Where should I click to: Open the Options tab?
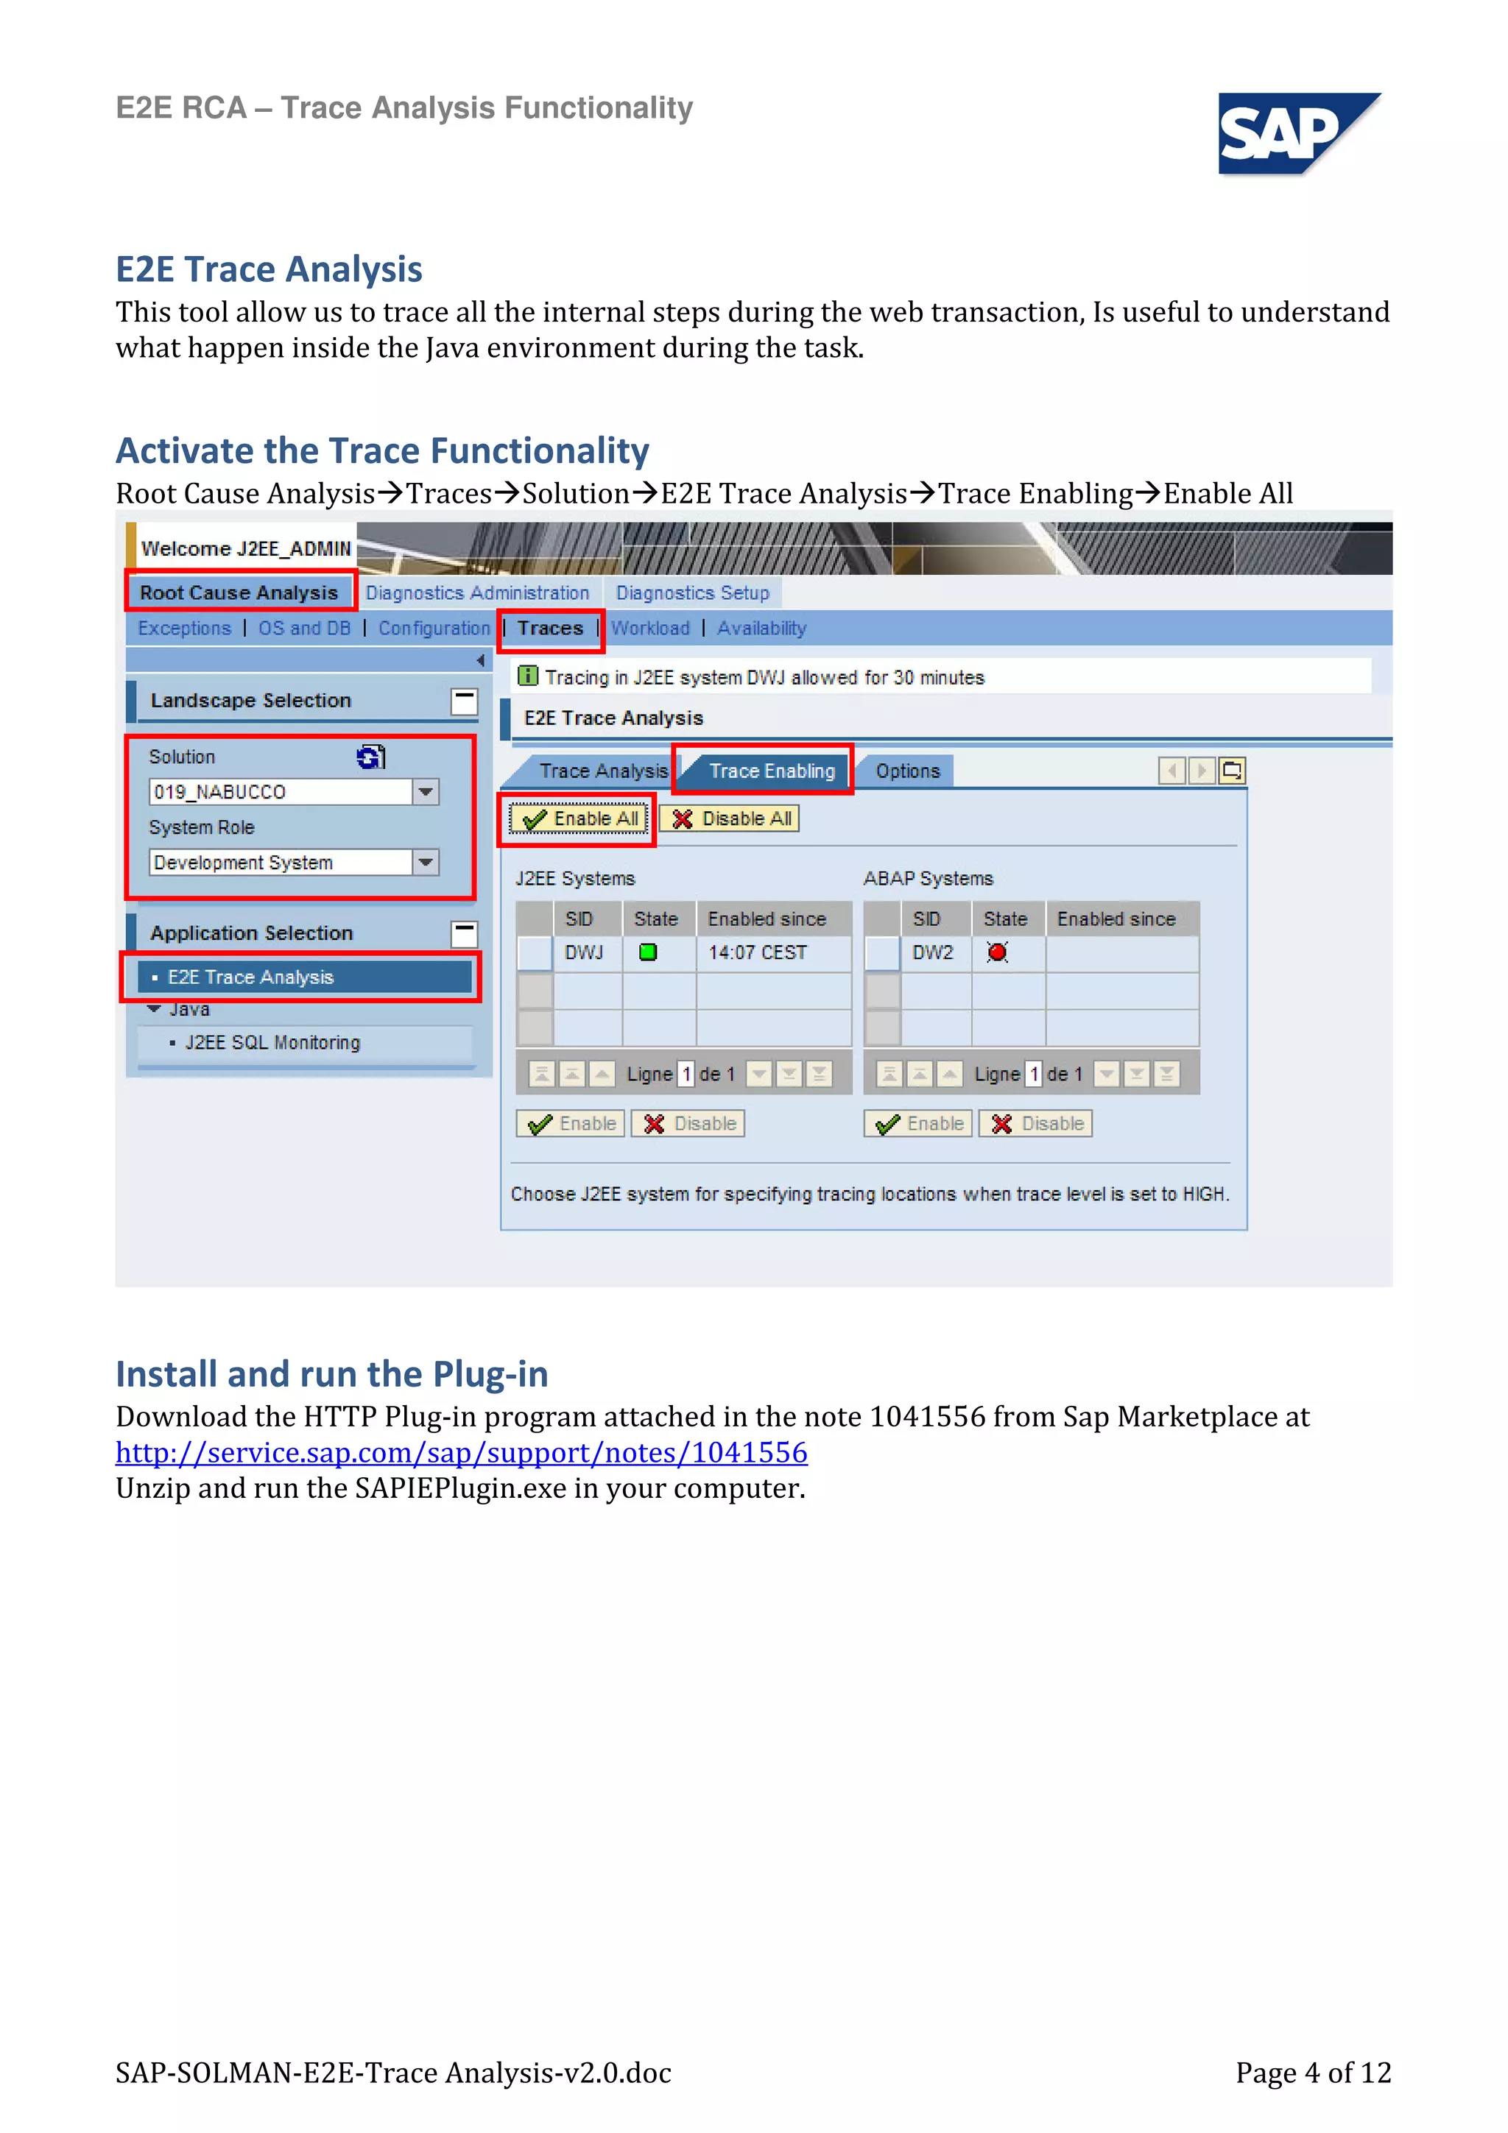point(907,771)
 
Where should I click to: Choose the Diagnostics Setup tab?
point(692,592)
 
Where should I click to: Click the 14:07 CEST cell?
point(757,952)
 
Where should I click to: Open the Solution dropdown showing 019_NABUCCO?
point(426,791)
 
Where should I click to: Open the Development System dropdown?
point(426,862)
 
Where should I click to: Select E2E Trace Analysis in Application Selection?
point(251,977)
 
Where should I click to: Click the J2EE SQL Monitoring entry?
point(272,1043)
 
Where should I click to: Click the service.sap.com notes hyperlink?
point(461,1452)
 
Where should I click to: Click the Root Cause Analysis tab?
point(239,592)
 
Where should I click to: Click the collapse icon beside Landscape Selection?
point(464,701)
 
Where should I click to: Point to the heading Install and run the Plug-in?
point(331,1374)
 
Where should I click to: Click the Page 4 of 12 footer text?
point(1312,2073)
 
